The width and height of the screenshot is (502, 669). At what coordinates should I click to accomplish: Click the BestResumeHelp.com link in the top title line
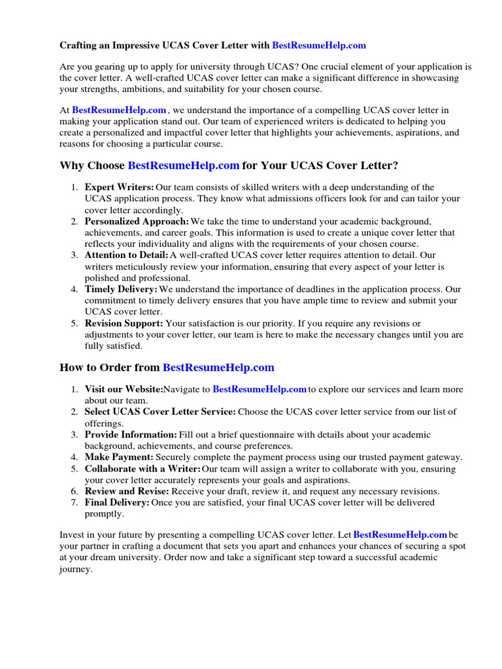tap(318, 46)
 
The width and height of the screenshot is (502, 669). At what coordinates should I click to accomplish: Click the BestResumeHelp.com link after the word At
tap(119, 110)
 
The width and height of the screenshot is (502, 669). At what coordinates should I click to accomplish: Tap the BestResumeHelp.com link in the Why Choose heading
tap(184, 166)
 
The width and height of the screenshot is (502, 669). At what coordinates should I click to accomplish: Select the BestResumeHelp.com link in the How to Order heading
tap(218, 367)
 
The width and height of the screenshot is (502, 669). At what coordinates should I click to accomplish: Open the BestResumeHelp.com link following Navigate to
tap(259, 389)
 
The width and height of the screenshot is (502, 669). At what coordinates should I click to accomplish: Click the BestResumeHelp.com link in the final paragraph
tap(400, 534)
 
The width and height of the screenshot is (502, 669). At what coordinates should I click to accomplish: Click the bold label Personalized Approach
tap(137, 221)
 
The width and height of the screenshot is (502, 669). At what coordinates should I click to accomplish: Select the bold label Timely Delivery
tap(121, 289)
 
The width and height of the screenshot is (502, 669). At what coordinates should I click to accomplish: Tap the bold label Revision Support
tap(124, 323)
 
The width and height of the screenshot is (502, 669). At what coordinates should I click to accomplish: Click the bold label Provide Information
tap(131, 434)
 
